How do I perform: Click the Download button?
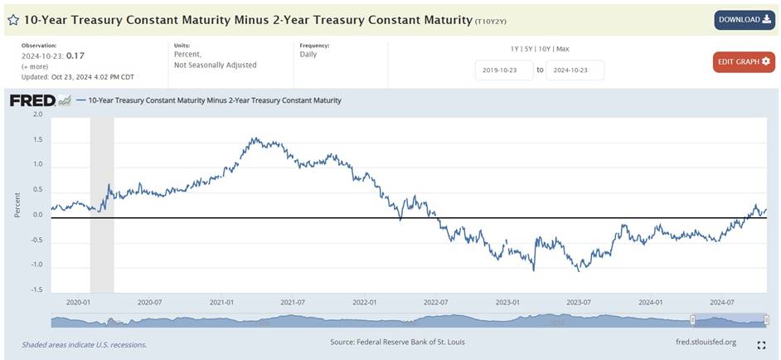pos(745,20)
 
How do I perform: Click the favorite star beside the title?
pos(12,19)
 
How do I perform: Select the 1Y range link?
pos(516,49)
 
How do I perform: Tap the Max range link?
pos(563,49)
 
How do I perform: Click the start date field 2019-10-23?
pos(504,70)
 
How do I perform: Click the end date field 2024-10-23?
pos(575,70)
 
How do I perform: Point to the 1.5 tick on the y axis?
pos(36,139)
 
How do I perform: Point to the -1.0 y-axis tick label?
pos(36,265)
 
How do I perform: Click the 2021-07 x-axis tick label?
pos(293,303)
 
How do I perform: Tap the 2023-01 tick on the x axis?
pos(508,303)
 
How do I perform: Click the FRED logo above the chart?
pos(32,100)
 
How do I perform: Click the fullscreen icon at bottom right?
pos(761,345)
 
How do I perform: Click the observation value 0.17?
pos(76,56)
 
